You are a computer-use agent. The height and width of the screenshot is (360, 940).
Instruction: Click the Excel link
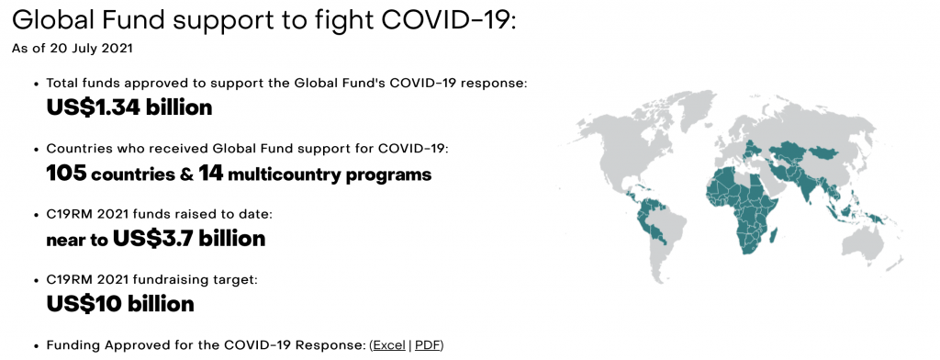(x=389, y=345)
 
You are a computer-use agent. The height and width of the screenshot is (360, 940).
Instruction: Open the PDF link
(x=428, y=345)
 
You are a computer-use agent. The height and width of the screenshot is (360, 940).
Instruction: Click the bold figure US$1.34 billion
(x=129, y=107)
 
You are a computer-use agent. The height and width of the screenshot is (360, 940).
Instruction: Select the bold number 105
(x=66, y=174)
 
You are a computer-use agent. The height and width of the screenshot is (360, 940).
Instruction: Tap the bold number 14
(x=210, y=174)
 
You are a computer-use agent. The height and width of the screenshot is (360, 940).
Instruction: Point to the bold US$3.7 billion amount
(x=189, y=239)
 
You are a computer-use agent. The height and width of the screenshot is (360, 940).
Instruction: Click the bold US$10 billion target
(x=120, y=304)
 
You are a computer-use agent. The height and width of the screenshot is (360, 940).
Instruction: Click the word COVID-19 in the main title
(x=448, y=20)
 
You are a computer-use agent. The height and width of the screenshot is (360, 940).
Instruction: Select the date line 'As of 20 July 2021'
(x=72, y=49)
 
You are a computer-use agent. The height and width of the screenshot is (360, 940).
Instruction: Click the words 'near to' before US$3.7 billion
(x=77, y=240)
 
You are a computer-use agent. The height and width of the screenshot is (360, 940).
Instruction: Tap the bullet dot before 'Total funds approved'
(x=37, y=84)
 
